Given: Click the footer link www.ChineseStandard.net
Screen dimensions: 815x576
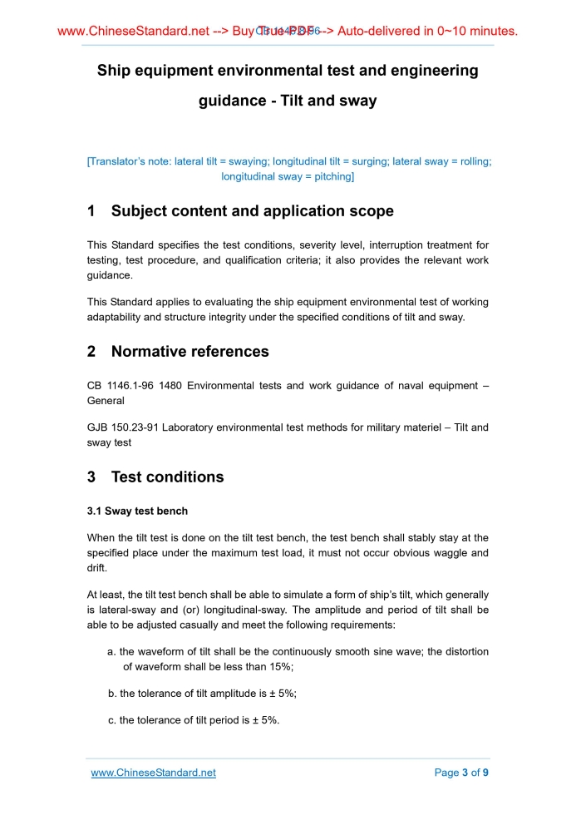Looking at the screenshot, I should (x=153, y=773).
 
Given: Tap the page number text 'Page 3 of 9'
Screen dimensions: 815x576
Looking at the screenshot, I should (x=461, y=773).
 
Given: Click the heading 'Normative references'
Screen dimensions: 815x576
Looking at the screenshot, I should (x=190, y=351).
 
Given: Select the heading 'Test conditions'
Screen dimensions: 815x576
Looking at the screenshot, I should (x=167, y=477).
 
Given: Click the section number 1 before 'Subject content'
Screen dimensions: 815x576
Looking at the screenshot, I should (x=91, y=211).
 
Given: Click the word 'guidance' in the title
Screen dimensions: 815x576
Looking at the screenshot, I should (x=236, y=101).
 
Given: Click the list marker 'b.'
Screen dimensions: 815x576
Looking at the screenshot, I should (x=112, y=693).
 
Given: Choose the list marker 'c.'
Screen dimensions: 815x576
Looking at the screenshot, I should (x=112, y=719).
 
